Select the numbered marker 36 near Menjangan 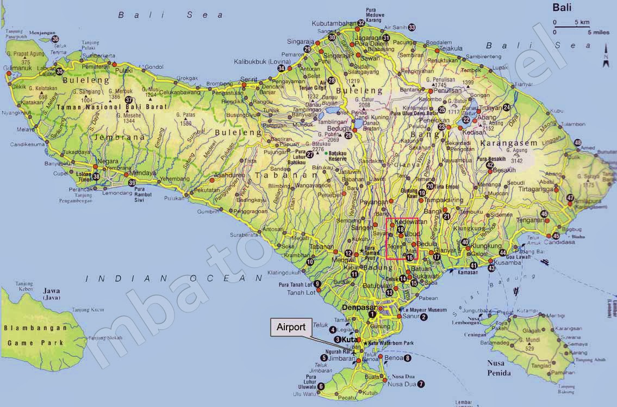55,39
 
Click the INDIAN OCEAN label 173,278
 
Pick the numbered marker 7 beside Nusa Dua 421,384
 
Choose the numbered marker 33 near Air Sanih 412,27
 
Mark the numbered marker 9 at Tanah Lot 317,284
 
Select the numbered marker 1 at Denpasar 372,314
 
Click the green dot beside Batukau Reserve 326,153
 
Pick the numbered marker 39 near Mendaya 132,183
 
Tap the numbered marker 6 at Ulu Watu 321,386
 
